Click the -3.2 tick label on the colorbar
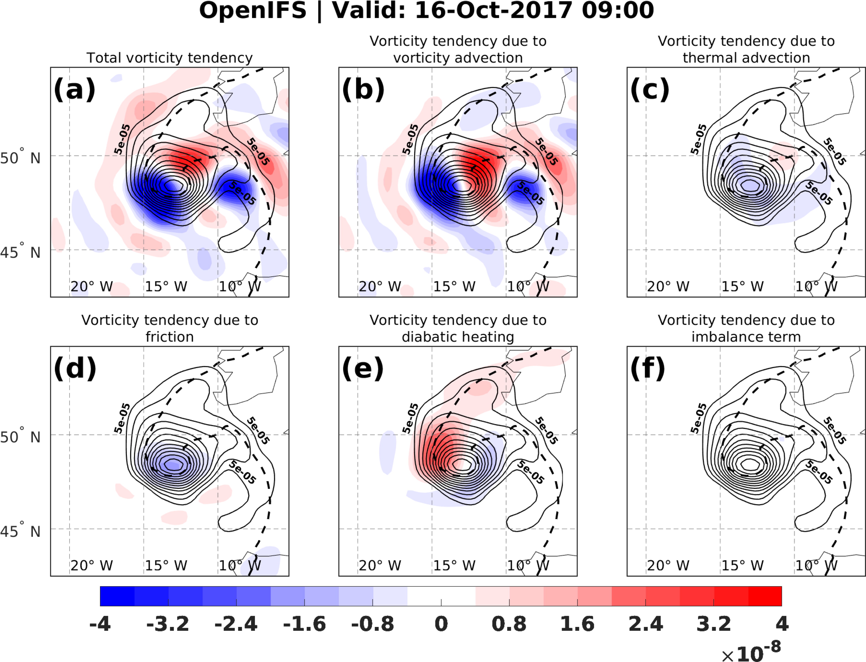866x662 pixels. click(x=168, y=624)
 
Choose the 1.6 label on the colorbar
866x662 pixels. click(x=577, y=624)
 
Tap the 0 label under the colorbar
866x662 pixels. click(x=441, y=624)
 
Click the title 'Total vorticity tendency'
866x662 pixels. click(x=170, y=58)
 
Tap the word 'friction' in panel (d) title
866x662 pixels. click(x=170, y=337)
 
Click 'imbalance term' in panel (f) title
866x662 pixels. click(x=746, y=337)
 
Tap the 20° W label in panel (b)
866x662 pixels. click(x=380, y=286)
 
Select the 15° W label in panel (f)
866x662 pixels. click(x=743, y=565)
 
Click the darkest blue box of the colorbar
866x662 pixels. click(x=117, y=596)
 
